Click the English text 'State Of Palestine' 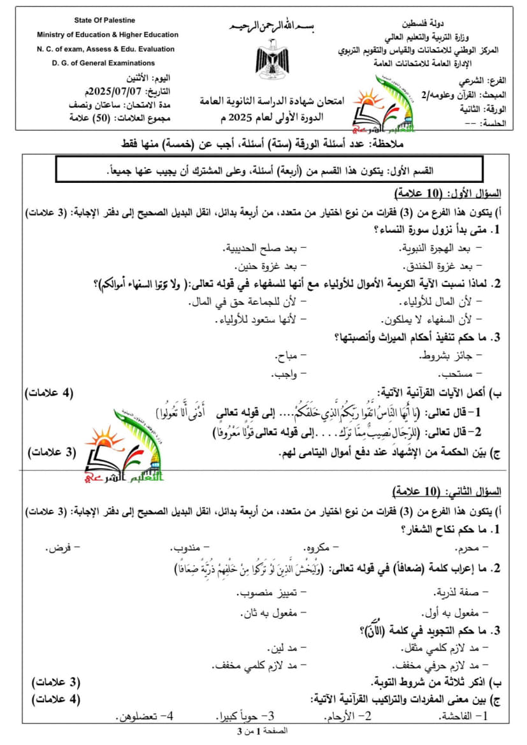click(x=107, y=21)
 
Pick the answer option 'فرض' click(x=64, y=547)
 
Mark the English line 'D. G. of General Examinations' click(x=104, y=63)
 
